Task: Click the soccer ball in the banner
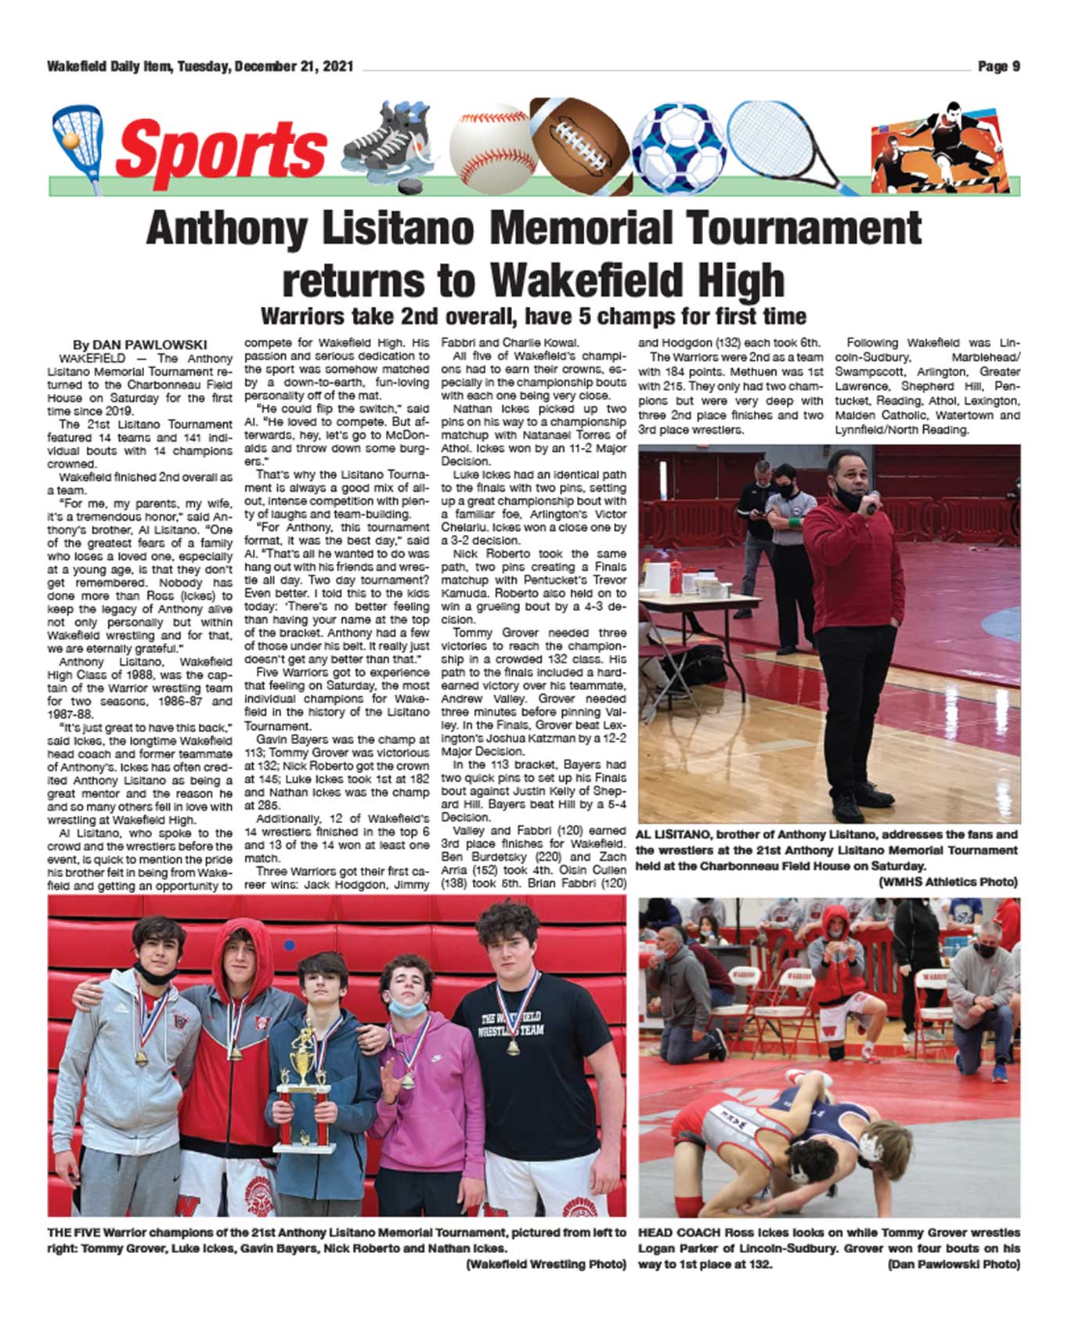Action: (678, 147)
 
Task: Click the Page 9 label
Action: (998, 67)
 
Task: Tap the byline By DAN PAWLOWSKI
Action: (139, 345)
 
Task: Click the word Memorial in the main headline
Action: (580, 229)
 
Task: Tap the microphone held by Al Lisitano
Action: (871, 503)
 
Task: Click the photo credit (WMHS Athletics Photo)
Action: (948, 882)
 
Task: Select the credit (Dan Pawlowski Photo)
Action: (953, 1264)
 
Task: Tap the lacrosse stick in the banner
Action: (77, 142)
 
